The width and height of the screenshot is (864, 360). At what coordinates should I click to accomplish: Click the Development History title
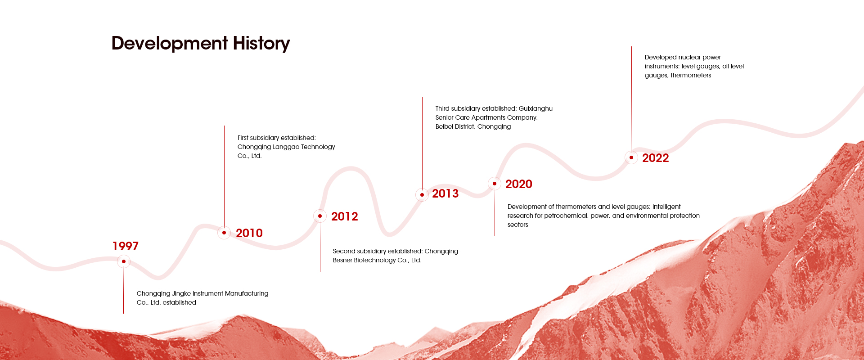point(201,44)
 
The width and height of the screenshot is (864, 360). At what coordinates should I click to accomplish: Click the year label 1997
point(126,246)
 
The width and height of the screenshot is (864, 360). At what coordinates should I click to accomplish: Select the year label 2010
point(249,233)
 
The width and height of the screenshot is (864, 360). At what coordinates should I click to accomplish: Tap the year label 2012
point(345,216)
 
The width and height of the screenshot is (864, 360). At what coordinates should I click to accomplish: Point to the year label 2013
point(445,193)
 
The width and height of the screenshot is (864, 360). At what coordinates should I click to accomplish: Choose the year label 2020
point(519,184)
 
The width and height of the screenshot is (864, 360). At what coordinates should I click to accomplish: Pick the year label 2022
point(656,158)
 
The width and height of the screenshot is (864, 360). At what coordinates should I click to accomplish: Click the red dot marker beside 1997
point(124,261)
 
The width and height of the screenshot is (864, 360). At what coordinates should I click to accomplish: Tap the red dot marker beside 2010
point(224,233)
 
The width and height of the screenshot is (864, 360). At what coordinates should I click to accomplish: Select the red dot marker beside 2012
point(320,216)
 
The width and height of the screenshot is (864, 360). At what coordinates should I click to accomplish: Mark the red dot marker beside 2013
point(422,195)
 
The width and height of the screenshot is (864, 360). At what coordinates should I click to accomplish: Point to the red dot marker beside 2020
point(495,184)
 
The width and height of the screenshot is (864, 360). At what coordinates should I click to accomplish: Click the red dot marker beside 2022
point(631,157)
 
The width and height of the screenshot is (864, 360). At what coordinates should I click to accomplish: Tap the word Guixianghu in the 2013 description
point(535,109)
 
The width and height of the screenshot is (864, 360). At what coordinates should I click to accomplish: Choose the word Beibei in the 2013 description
point(445,126)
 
